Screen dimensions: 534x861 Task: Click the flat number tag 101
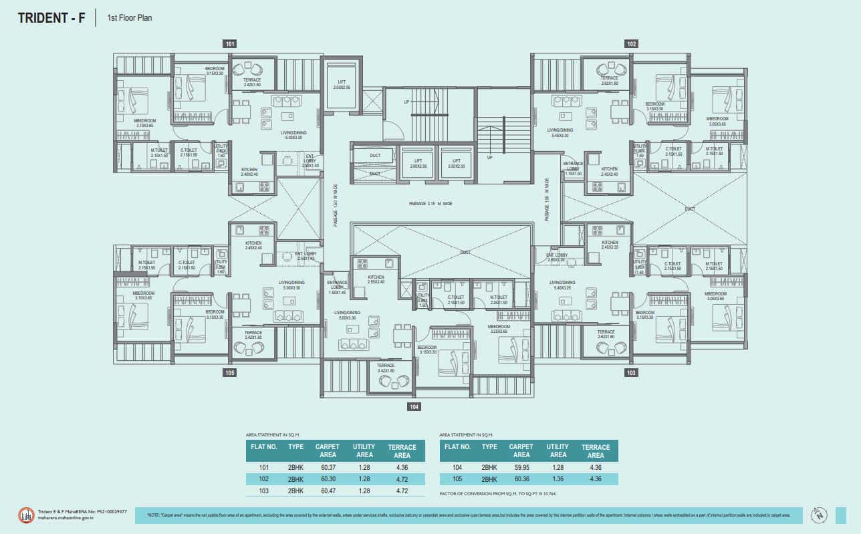point(230,44)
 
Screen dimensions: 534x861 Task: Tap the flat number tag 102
point(631,44)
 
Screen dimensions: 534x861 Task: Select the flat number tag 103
point(631,373)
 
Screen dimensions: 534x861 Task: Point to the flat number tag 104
point(414,406)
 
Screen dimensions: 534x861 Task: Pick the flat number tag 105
point(230,373)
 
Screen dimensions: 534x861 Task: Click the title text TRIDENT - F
point(51,18)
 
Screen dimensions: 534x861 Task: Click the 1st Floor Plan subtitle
point(130,18)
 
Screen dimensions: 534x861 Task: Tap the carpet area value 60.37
point(328,467)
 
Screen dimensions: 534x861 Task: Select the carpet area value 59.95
point(521,467)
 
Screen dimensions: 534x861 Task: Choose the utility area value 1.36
point(558,479)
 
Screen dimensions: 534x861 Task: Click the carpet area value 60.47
point(328,491)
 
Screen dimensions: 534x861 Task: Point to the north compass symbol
point(819,515)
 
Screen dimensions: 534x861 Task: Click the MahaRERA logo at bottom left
point(26,515)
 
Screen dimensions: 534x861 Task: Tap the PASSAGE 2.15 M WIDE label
point(430,203)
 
